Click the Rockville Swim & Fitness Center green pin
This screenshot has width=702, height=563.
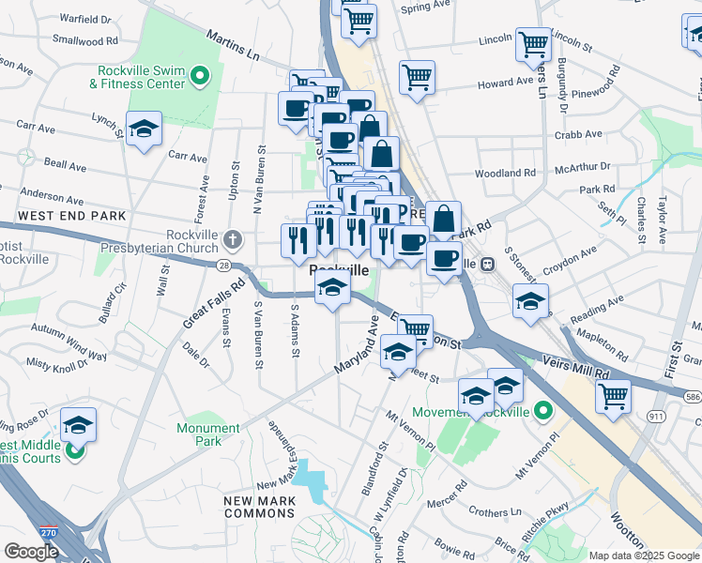click(x=199, y=75)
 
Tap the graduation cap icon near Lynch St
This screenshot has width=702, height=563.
click(x=144, y=129)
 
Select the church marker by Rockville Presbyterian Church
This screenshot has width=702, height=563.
click(x=232, y=238)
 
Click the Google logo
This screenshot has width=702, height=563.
click(x=31, y=552)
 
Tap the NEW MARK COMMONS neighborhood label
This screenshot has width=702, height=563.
click(x=259, y=508)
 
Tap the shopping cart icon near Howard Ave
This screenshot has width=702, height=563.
click(x=417, y=77)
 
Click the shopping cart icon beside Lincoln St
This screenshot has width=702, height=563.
click(x=533, y=42)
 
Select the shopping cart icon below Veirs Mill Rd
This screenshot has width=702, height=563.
click(x=613, y=394)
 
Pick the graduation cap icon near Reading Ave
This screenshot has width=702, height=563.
click(x=530, y=302)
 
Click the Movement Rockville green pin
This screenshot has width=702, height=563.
click(x=542, y=410)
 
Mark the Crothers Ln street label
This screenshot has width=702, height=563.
click(x=490, y=512)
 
